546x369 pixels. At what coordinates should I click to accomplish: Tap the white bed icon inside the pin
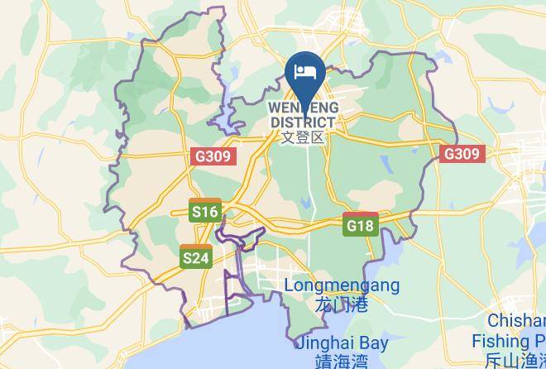coord(304,70)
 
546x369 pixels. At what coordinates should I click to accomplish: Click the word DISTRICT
coord(303,122)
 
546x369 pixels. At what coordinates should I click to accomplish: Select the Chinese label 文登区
coord(303,137)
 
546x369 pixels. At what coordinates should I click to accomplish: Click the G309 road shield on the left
coord(213,155)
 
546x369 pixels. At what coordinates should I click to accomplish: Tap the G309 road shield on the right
coord(461,154)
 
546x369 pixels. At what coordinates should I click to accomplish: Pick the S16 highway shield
coord(204,212)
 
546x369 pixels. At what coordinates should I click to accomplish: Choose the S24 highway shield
coord(196,258)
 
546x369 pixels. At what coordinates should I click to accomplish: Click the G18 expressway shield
coord(361,224)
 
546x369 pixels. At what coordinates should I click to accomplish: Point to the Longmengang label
coord(342,286)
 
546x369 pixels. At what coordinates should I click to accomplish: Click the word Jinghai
coord(323,343)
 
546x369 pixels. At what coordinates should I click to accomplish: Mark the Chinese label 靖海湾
coord(340,360)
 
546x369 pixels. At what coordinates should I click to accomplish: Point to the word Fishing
coord(501,340)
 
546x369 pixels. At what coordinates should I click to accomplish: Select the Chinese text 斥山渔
coord(513,359)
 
